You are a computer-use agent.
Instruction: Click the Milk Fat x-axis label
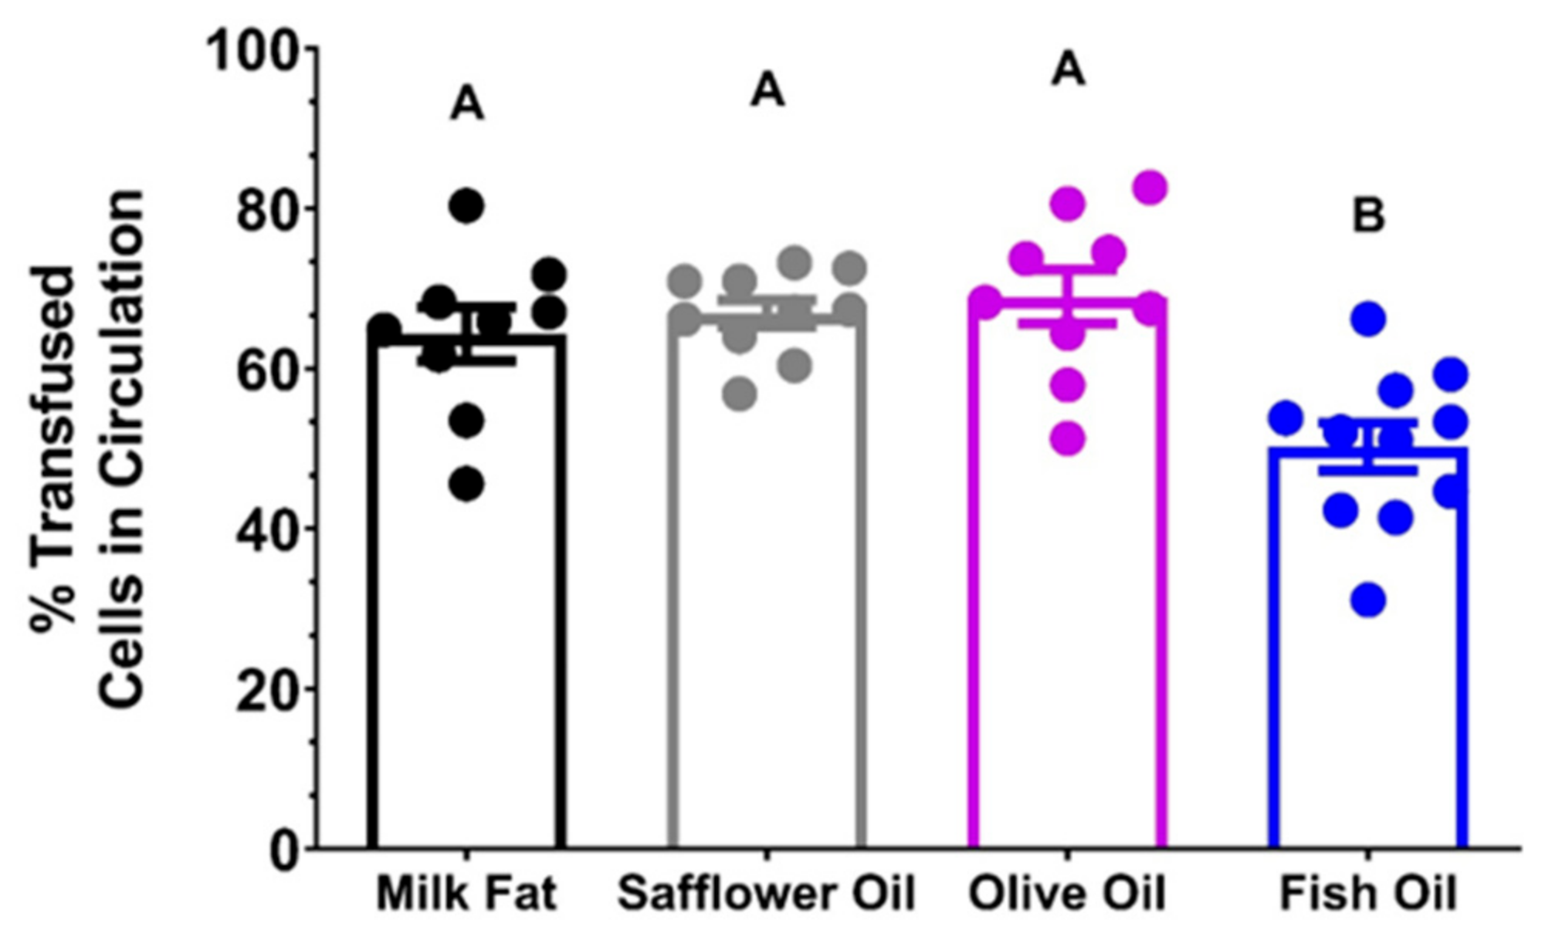(466, 894)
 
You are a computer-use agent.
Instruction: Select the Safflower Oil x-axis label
(766, 894)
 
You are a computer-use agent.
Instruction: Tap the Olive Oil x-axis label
(1066, 894)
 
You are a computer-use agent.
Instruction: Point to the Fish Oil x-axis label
(1367, 894)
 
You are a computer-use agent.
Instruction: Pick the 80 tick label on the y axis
(267, 210)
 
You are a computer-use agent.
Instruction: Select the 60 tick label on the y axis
(267, 370)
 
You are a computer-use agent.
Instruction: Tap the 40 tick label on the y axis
(267, 529)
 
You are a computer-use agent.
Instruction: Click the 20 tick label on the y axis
(267, 689)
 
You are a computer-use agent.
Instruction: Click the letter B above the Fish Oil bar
(1368, 217)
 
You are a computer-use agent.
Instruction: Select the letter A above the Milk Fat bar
(467, 104)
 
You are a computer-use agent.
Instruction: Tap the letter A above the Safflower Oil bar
(767, 90)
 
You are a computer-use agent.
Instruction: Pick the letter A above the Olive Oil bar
(1069, 69)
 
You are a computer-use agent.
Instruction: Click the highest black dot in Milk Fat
(466, 206)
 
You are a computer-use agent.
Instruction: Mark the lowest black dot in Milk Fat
(466, 485)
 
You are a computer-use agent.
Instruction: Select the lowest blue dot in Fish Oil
(1368, 599)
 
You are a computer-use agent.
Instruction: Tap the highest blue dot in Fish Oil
(1368, 319)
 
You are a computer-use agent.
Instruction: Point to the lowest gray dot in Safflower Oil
(740, 394)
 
